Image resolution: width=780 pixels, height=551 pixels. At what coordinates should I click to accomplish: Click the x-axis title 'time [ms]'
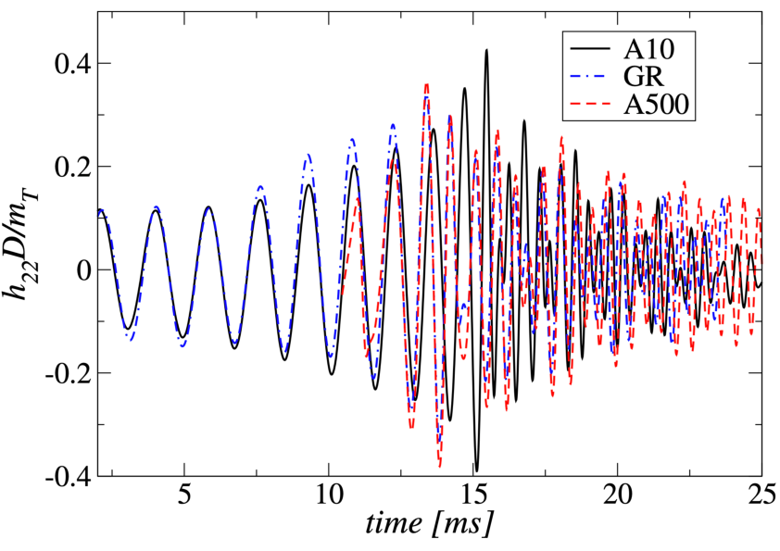[428, 525]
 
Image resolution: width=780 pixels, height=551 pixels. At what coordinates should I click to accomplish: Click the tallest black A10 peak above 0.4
[486, 51]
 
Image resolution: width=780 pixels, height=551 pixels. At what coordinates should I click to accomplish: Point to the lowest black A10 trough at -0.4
[476, 470]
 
